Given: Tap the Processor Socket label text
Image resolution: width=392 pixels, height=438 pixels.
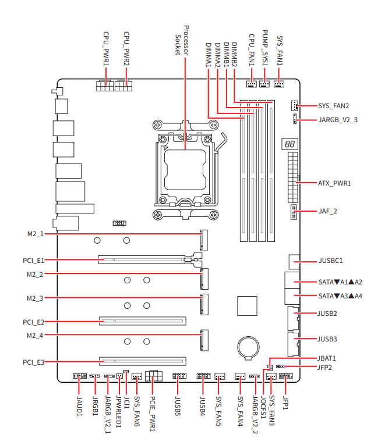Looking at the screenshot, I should point(182,40).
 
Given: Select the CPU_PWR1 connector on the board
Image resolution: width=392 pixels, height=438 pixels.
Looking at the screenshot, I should point(105,86).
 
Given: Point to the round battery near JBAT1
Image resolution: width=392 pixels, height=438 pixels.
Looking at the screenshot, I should point(249,346).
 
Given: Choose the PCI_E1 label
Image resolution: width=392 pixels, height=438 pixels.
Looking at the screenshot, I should point(33,261).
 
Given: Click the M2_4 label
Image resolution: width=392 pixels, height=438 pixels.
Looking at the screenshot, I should point(35,336).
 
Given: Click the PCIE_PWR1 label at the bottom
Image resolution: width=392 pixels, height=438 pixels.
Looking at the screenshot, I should point(152,413).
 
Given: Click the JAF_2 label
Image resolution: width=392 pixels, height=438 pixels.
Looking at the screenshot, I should point(328,211).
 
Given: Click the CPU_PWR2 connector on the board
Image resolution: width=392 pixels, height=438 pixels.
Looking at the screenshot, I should point(123,86).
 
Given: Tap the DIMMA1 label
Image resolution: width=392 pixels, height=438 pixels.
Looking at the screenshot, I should point(209,55).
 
